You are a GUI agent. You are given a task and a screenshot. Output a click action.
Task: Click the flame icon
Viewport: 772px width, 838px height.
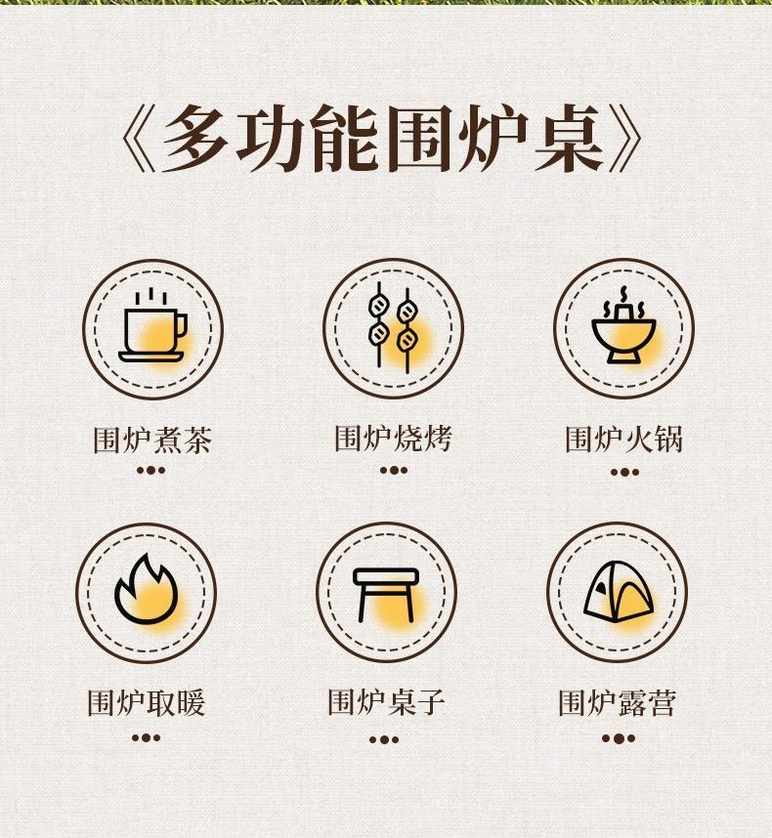coord(146,590)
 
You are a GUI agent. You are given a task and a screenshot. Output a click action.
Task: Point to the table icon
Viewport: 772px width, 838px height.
coord(386,595)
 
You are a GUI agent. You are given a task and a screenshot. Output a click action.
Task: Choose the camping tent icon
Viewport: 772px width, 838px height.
coord(618,591)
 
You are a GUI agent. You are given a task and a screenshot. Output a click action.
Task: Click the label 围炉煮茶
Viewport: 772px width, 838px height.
coord(152,440)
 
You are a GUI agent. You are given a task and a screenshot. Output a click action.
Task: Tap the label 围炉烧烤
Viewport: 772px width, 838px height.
coord(393,439)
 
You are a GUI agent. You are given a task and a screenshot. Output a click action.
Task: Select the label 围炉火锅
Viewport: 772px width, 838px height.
coord(623,440)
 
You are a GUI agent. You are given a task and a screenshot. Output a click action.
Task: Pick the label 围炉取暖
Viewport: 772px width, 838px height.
coord(146,703)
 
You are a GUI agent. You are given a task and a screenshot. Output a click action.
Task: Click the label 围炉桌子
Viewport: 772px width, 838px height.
coord(386,702)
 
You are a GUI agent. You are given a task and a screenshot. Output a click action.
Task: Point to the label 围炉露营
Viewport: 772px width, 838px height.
coord(618,703)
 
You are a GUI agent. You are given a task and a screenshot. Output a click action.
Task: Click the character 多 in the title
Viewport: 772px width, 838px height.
coord(194,138)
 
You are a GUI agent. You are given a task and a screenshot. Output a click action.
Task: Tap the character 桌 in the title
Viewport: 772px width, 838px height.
coord(569,138)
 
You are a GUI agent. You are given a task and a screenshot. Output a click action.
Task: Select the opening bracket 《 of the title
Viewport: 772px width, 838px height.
coord(138,139)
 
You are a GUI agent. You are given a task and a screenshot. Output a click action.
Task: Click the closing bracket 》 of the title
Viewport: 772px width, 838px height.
coord(625,138)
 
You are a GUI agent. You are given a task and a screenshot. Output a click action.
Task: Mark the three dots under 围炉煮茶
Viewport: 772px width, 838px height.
coord(150,471)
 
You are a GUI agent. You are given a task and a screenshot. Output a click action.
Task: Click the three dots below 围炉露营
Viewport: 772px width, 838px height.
coord(618,738)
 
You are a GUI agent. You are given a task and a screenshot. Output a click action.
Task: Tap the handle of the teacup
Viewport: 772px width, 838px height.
coord(182,326)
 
